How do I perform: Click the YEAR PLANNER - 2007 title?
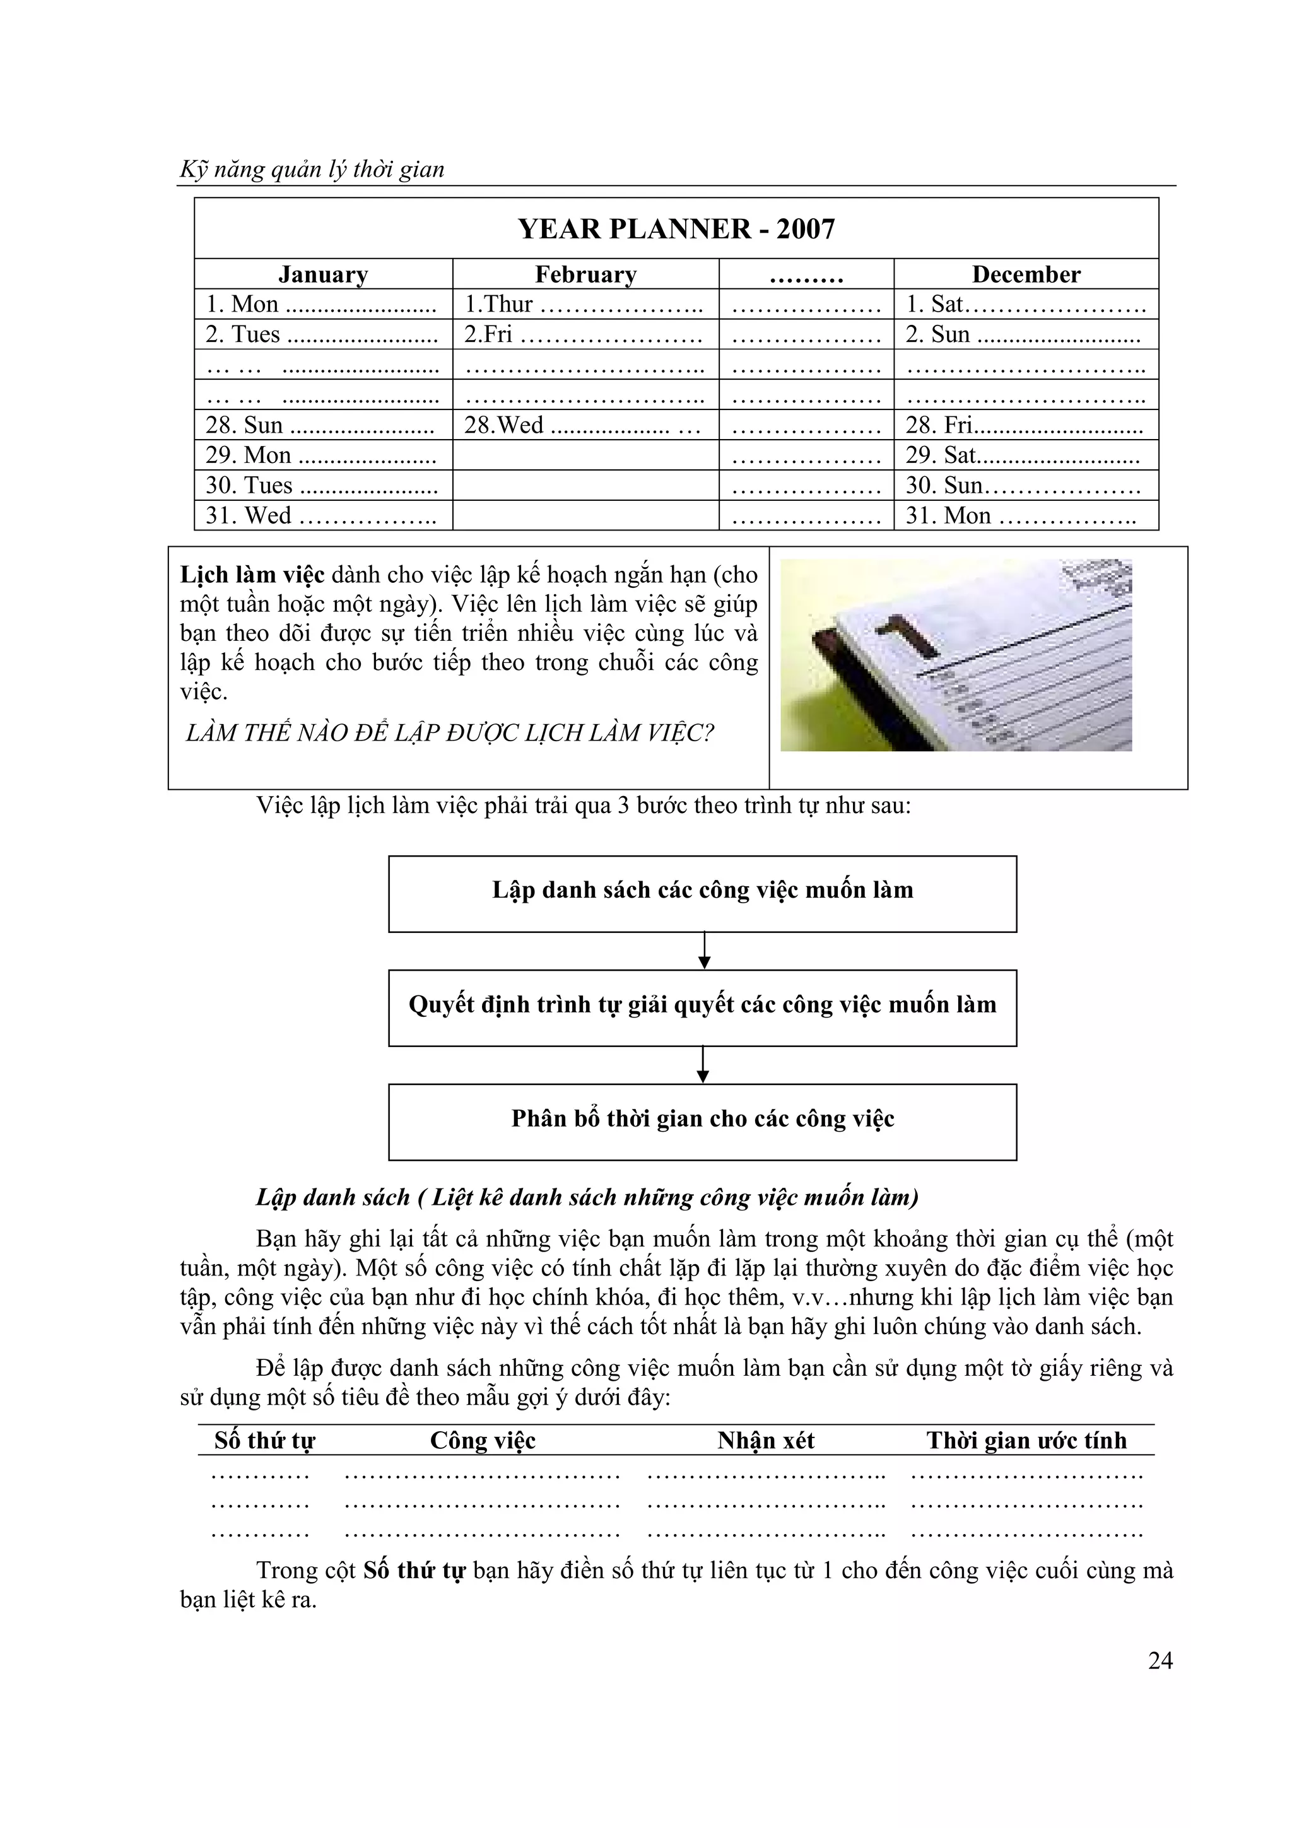[676, 230]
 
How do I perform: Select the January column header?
[322, 274]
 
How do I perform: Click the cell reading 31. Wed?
[321, 516]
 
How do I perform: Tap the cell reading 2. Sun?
[1021, 334]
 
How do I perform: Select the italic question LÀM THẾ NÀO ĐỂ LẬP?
[449, 733]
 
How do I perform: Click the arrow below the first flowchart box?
[703, 951]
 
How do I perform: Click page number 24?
[1160, 1661]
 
